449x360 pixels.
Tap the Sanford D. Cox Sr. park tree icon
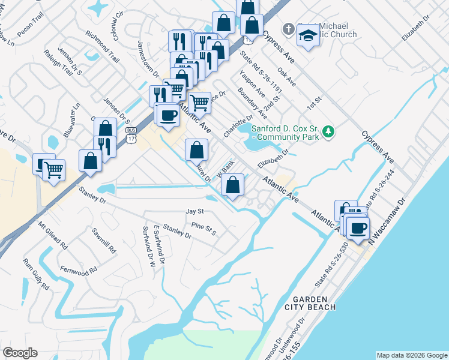click(328, 131)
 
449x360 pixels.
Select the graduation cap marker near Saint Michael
click(308, 37)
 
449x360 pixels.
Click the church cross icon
click(288, 29)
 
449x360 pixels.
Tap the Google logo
click(20, 353)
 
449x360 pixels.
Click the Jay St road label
click(195, 212)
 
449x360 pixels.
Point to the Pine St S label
click(203, 229)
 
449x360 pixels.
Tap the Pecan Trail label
click(30, 32)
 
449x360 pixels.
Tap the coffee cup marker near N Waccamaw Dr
click(358, 229)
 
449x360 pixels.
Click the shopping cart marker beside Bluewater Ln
click(53, 170)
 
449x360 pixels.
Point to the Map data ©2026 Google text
click(411, 355)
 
